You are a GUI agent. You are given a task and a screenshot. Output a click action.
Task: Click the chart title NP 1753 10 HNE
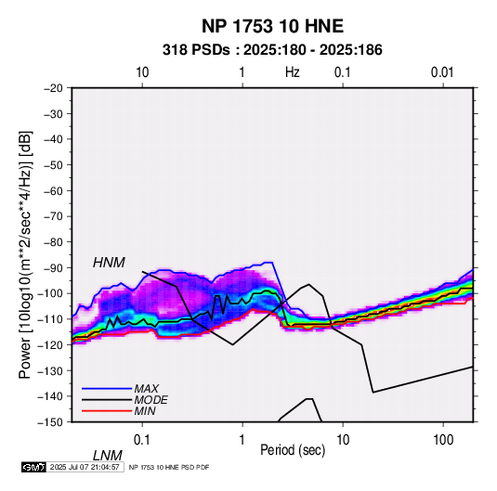click(x=272, y=26)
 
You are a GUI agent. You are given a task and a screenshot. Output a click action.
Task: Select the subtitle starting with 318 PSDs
click(x=272, y=50)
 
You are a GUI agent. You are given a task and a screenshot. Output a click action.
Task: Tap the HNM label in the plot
click(x=109, y=263)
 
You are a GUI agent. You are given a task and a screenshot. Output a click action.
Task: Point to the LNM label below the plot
click(x=108, y=456)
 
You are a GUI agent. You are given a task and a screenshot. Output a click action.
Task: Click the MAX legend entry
click(x=146, y=388)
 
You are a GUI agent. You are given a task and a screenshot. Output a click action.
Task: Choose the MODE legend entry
click(x=150, y=400)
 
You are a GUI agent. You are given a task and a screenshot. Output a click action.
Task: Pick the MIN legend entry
click(x=145, y=411)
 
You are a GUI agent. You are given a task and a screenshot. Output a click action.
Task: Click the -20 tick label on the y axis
click(x=53, y=88)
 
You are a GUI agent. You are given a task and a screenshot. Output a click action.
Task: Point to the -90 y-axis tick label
click(x=53, y=268)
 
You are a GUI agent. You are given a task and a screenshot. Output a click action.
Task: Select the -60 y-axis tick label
click(x=53, y=191)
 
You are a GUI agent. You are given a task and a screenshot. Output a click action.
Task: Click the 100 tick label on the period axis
click(x=443, y=440)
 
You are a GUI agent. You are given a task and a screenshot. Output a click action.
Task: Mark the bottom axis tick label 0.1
click(x=142, y=440)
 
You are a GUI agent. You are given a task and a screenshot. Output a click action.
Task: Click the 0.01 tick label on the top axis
click(x=442, y=72)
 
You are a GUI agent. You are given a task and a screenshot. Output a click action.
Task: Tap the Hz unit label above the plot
click(x=293, y=72)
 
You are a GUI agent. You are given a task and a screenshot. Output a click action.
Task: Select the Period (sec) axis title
click(x=293, y=450)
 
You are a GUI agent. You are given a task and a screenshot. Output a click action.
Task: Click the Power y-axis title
click(x=25, y=254)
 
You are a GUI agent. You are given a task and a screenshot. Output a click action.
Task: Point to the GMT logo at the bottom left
click(x=34, y=467)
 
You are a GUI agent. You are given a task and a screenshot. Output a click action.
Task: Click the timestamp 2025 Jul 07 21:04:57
click(x=85, y=467)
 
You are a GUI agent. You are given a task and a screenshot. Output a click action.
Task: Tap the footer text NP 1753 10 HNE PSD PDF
click(x=169, y=467)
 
